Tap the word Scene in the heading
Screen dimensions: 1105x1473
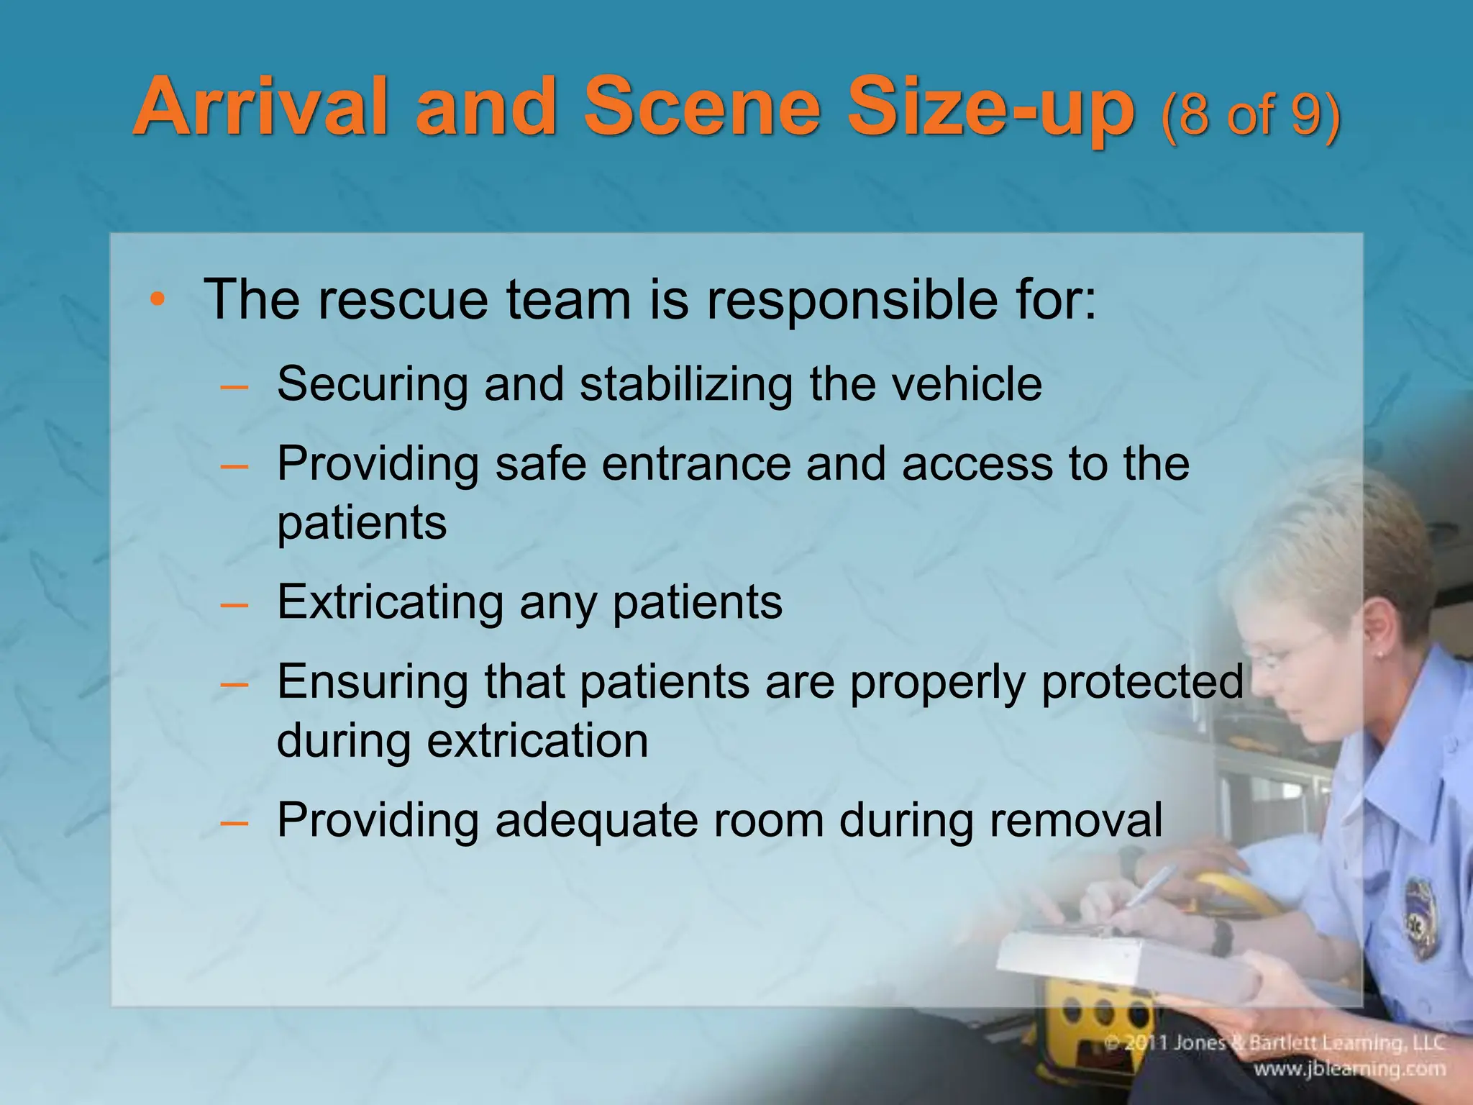[701, 107]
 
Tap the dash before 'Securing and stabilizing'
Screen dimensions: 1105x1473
[234, 386]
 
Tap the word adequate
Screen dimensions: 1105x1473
[596, 820]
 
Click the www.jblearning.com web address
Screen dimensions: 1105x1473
[1349, 1069]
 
